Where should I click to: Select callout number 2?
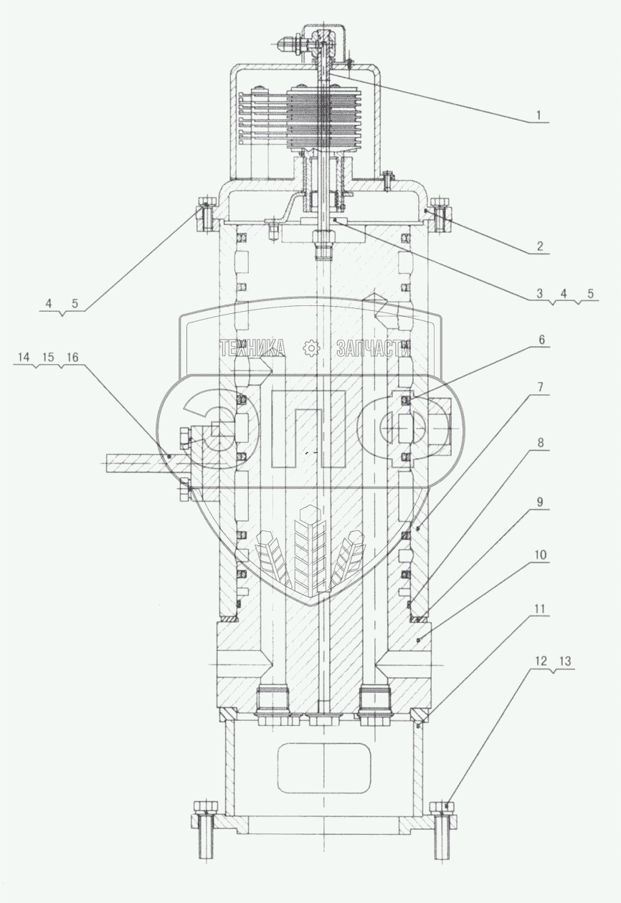point(539,246)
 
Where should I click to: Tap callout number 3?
point(539,294)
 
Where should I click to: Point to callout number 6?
point(541,340)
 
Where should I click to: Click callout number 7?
point(541,388)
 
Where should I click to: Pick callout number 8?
point(541,443)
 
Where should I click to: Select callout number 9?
point(541,502)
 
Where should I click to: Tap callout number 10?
point(541,555)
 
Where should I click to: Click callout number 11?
point(540,609)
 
